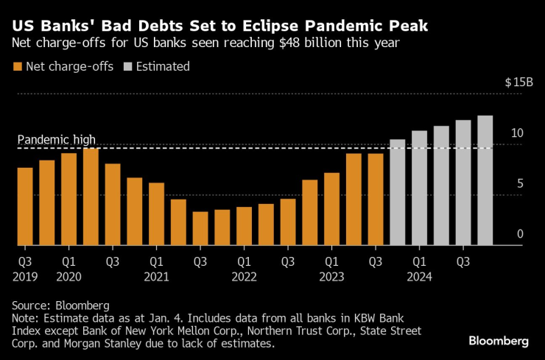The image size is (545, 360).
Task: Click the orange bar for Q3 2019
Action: click(x=25, y=207)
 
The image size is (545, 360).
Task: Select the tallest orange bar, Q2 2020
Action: click(x=91, y=197)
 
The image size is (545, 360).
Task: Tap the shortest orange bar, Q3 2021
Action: click(x=200, y=228)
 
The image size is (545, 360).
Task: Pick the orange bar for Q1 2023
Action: click(x=331, y=209)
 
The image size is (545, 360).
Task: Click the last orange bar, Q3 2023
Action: click(x=376, y=200)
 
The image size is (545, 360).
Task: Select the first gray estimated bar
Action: click(x=398, y=192)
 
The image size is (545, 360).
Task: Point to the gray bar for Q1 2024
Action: click(x=419, y=188)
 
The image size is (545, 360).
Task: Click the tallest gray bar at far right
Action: click(x=485, y=180)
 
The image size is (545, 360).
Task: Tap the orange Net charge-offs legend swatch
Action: click(x=18, y=67)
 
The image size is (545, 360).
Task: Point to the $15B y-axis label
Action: click(x=518, y=82)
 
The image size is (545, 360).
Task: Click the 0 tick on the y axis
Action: click(x=519, y=234)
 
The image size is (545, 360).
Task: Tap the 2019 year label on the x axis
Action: click(x=25, y=277)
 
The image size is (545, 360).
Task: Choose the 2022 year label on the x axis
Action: click(x=245, y=277)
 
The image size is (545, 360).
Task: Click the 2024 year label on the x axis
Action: click(x=419, y=277)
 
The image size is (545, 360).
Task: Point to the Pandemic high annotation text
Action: click(x=57, y=139)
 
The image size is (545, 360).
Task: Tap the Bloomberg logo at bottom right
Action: click(x=499, y=341)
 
